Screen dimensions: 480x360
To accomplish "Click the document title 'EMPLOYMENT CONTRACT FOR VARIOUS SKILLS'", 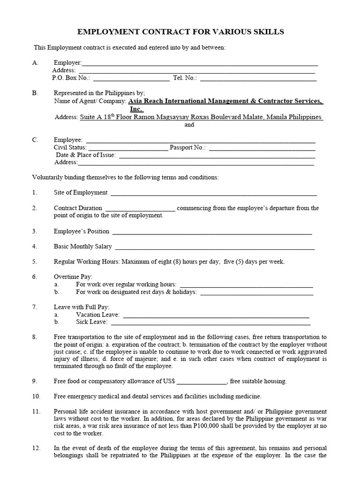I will (x=180, y=32).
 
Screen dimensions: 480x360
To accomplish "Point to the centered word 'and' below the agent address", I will (x=189, y=125).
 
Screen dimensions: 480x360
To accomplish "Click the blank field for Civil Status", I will (x=128, y=148).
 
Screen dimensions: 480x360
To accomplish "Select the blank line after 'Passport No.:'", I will (x=262, y=148).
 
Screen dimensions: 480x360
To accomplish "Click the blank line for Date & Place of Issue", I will (x=217, y=155).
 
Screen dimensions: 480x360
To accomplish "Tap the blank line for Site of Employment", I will (x=213, y=193).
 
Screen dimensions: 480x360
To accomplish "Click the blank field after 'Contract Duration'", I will (x=140, y=208).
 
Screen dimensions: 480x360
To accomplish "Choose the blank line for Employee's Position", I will (x=212, y=232).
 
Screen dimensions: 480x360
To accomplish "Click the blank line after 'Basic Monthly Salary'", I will (x=214, y=247).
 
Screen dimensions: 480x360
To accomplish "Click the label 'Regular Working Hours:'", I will (x=87, y=262).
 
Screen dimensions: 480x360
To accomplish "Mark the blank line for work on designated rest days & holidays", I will (x=256, y=292).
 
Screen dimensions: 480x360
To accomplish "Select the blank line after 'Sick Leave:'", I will (x=210, y=322).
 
